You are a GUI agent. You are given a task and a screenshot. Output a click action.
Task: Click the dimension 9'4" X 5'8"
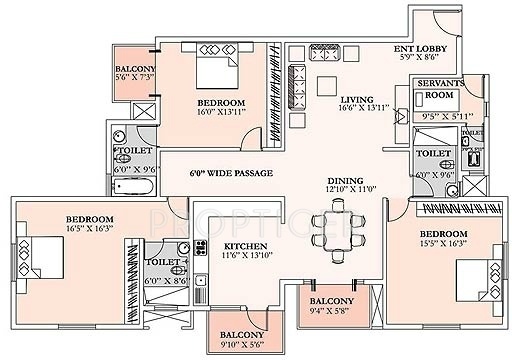coord(329,310)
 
